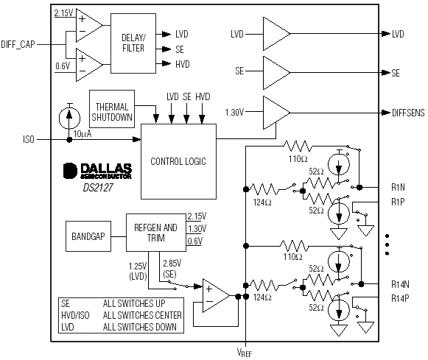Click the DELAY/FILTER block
(x=133, y=43)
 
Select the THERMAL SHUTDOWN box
(x=112, y=109)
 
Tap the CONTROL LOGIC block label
(x=178, y=161)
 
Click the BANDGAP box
(x=88, y=236)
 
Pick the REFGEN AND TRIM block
(x=156, y=233)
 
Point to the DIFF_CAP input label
(x=18, y=44)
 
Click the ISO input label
(x=29, y=140)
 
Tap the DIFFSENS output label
(x=408, y=113)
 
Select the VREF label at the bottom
(x=245, y=353)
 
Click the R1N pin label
(x=398, y=188)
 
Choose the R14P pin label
(x=400, y=299)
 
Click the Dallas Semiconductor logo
(x=97, y=171)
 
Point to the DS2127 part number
(x=98, y=188)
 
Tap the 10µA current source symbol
(x=69, y=118)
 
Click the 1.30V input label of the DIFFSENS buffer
(x=234, y=113)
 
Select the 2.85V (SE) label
(x=172, y=269)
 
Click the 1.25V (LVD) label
(x=138, y=271)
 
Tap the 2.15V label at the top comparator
(x=63, y=13)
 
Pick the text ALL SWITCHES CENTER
(x=142, y=315)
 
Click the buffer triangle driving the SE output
(x=276, y=73)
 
